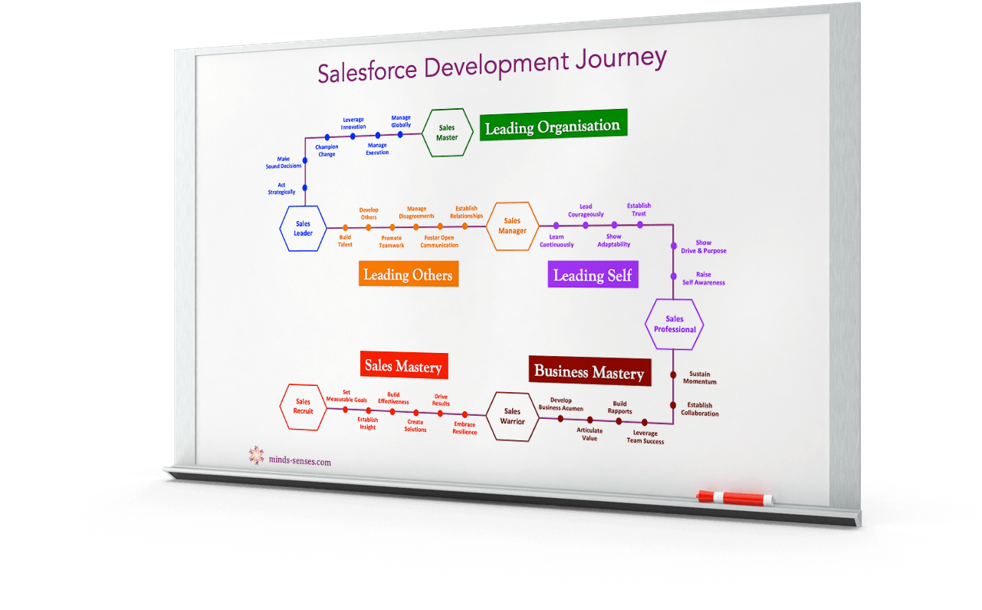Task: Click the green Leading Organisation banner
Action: coord(553,126)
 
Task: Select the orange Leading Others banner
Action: coord(408,274)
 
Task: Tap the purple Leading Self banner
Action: coord(593,275)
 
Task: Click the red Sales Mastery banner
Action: coord(404,365)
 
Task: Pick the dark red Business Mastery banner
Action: coord(590,371)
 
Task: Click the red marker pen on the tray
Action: coord(734,499)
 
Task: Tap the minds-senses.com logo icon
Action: coord(257,456)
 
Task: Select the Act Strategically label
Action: coord(281,188)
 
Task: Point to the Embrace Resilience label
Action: coord(465,428)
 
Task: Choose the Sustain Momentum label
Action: coord(700,378)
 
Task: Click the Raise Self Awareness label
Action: coord(704,279)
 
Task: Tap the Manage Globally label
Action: coord(401,121)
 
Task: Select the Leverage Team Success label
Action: coord(645,437)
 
